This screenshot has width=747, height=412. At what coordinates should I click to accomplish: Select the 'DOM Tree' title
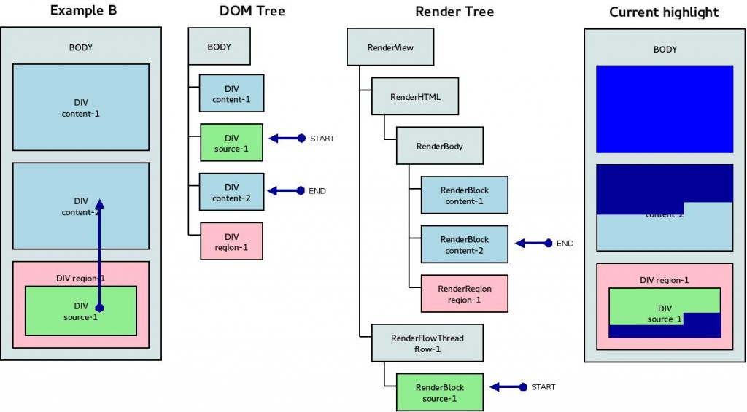[252, 11]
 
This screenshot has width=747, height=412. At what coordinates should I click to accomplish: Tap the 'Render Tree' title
[454, 11]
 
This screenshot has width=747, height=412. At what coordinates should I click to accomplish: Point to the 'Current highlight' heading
[664, 12]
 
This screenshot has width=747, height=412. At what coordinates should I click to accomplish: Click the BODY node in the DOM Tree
[219, 47]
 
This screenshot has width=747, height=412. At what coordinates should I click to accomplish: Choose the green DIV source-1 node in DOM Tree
[231, 143]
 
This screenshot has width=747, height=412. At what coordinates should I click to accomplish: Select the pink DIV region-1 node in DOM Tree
[231, 241]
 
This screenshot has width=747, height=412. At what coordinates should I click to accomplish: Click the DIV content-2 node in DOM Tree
[231, 193]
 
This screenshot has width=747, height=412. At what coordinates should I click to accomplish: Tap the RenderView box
[390, 47]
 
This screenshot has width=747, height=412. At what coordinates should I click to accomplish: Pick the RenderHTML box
[415, 96]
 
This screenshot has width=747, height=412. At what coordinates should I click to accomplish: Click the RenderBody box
[440, 146]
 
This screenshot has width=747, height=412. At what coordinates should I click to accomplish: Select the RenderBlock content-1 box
[465, 195]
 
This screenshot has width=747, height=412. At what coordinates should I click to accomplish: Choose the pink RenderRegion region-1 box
[465, 294]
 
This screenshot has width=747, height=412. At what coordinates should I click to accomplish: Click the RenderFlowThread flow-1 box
[427, 343]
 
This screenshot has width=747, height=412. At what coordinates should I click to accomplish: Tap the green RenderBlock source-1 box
[439, 392]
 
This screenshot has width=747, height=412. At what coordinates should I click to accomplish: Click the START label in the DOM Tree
[322, 139]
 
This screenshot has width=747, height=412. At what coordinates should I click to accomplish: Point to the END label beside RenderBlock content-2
[565, 244]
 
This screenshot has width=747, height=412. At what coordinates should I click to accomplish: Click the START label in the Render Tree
[543, 387]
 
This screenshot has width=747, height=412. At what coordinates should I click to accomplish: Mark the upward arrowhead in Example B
[100, 205]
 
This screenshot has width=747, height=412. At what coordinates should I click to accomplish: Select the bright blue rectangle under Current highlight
[664, 109]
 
